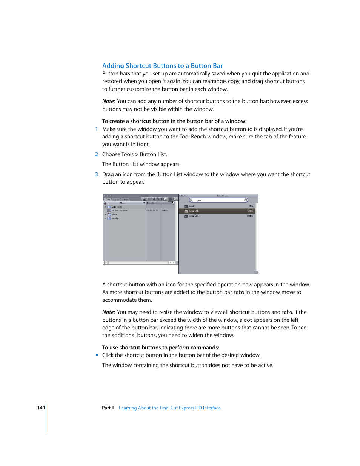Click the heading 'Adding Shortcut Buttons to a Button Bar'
pyautogui.click(x=162, y=66)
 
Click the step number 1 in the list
pyautogui.click(x=97, y=129)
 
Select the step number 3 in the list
pyautogui.click(x=97, y=174)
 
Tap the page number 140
pyautogui.click(x=41, y=408)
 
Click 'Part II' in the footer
pyautogui.click(x=108, y=408)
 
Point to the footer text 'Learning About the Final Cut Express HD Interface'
pyautogui.click(x=169, y=408)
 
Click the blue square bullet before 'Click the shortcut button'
pyautogui.click(x=97, y=355)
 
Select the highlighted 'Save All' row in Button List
pyautogui.click(x=217, y=211)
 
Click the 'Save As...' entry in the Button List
pyautogui.click(x=195, y=216)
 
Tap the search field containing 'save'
pyautogui.click(x=217, y=200)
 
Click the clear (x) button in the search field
pyautogui.click(x=246, y=200)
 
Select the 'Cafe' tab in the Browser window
pyautogui.click(x=108, y=199)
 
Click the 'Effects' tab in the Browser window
pyautogui.click(x=125, y=200)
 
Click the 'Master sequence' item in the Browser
pyautogui.click(x=120, y=211)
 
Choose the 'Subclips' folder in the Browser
pyautogui.click(x=115, y=218)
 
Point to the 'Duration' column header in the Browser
pyautogui.click(x=151, y=203)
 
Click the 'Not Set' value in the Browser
pyautogui.click(x=165, y=211)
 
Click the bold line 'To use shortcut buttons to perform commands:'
pyautogui.click(x=160, y=348)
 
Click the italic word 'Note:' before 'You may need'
pyautogui.click(x=108, y=312)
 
